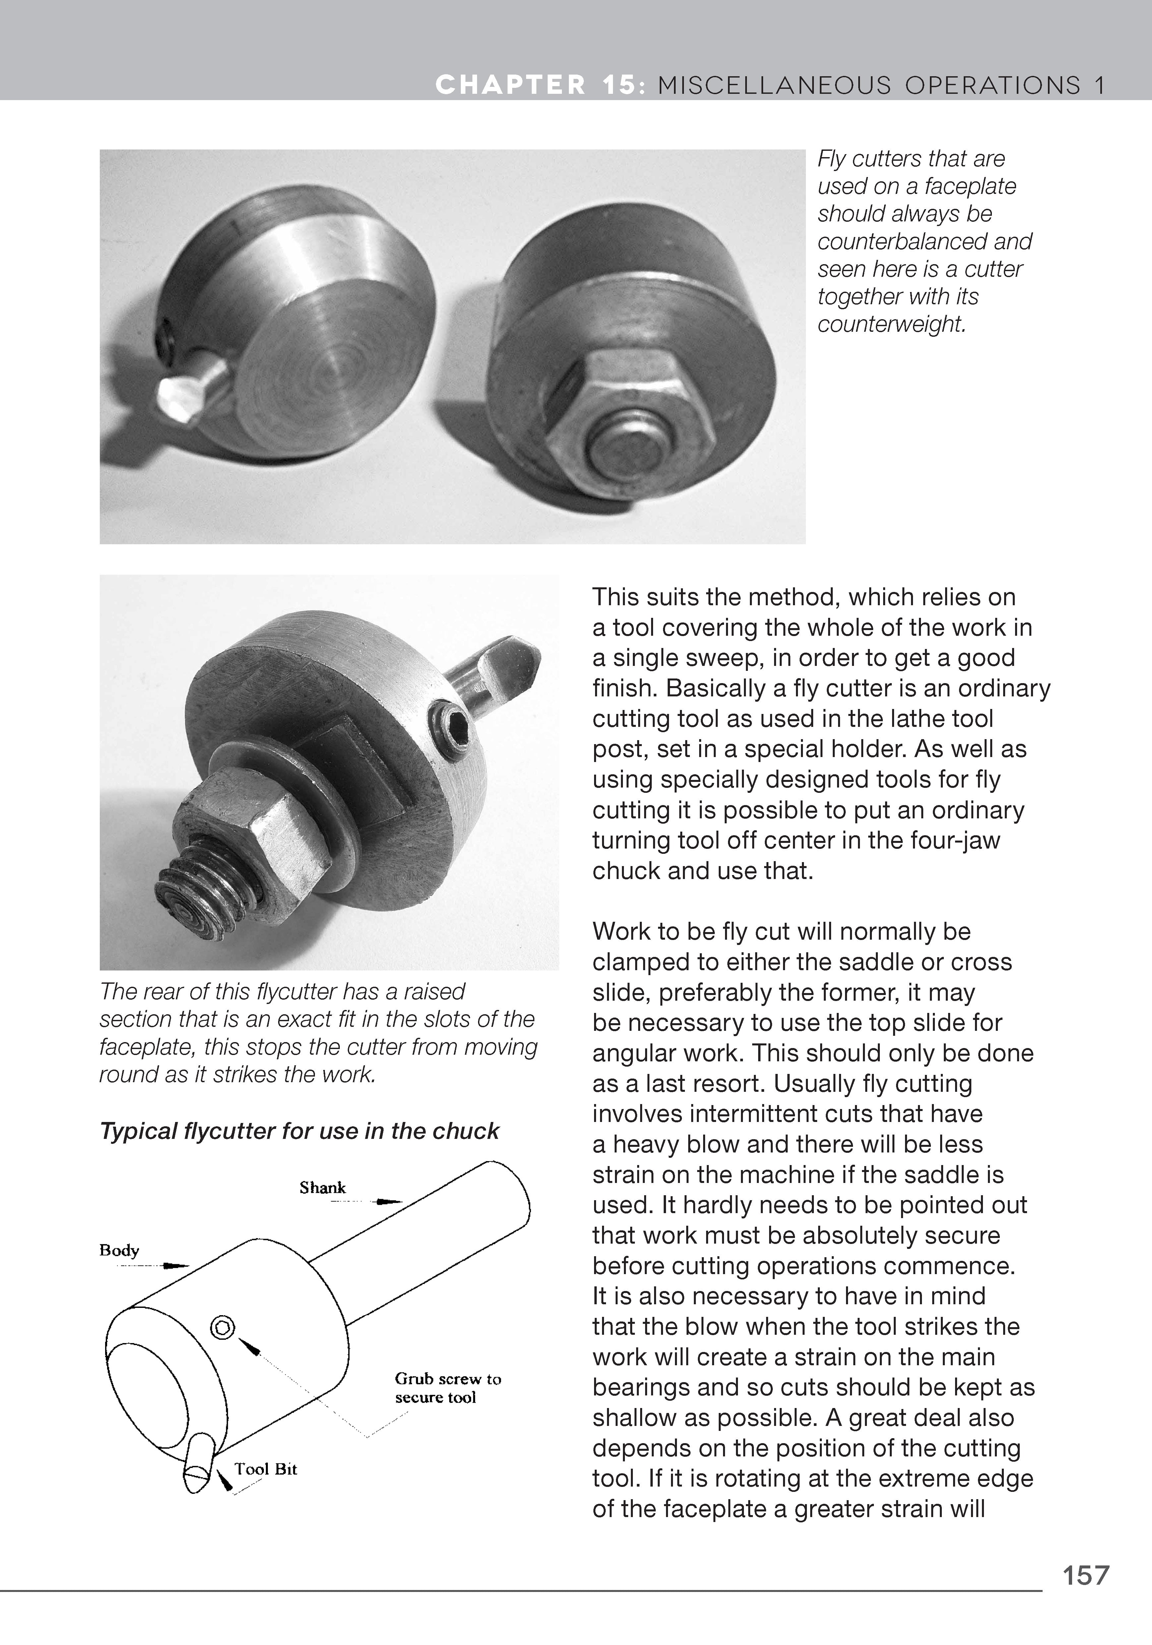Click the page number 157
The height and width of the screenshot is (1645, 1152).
[1085, 1575]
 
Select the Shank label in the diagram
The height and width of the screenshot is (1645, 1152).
[322, 1188]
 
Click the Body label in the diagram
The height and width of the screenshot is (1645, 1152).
[119, 1250]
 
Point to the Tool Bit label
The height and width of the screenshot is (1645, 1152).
[266, 1469]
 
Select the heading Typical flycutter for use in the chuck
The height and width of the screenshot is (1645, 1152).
[299, 1131]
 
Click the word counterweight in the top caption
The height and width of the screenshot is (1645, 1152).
[892, 324]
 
